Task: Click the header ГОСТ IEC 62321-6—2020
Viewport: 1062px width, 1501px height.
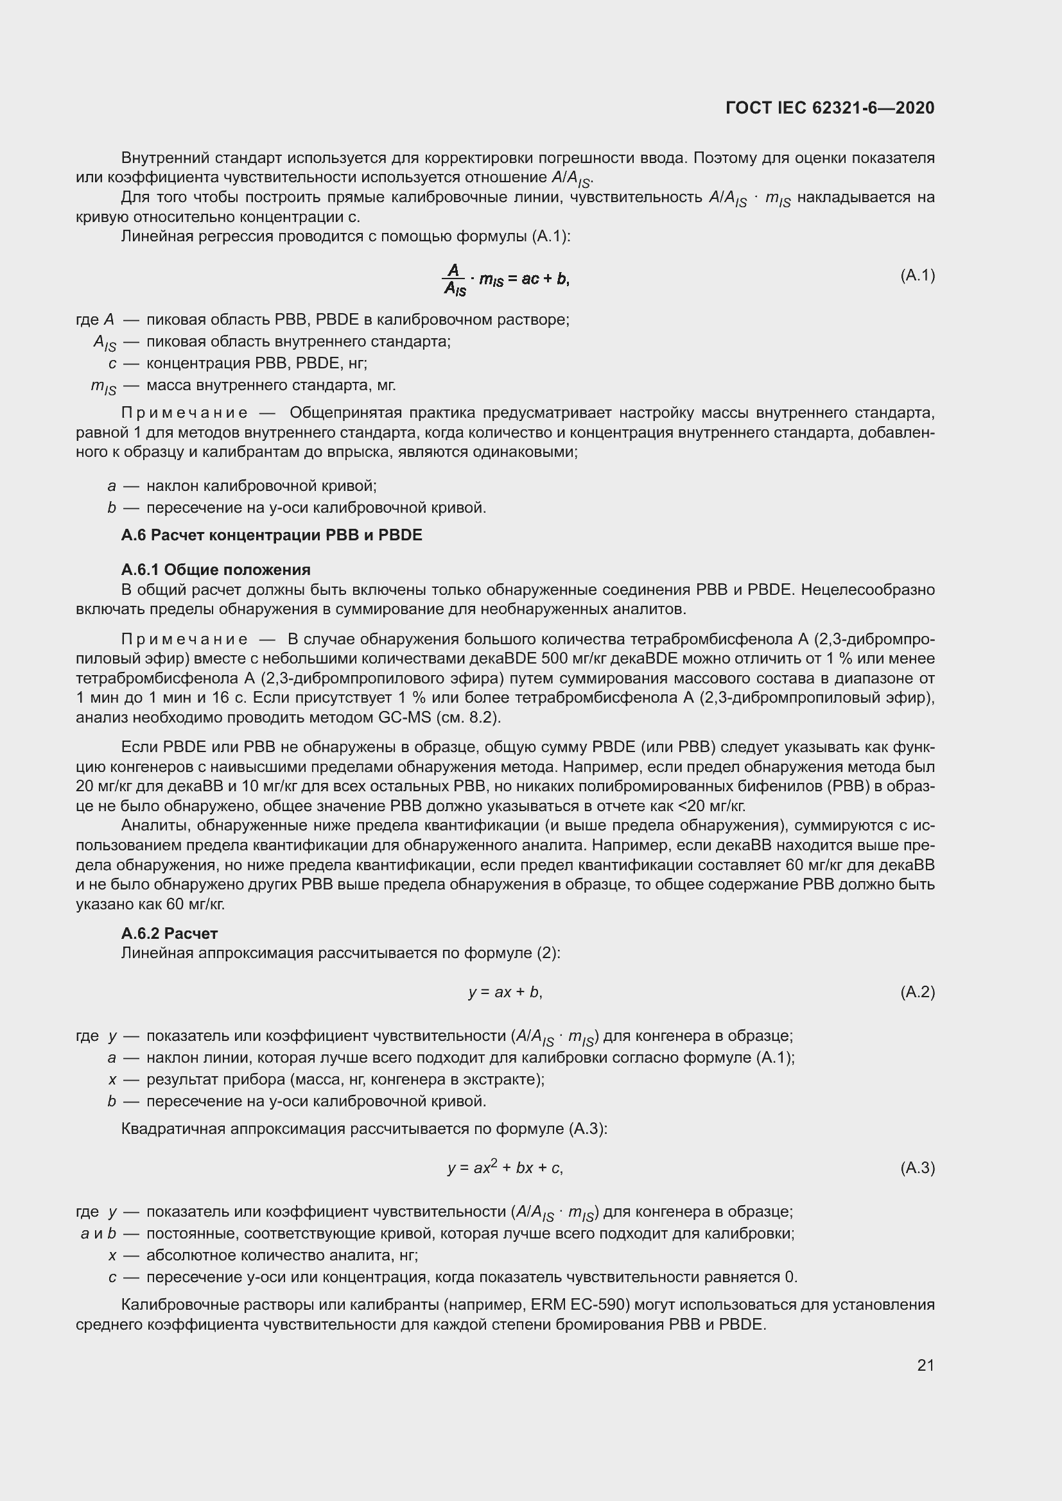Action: [829, 108]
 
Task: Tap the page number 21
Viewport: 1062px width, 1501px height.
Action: [925, 1365]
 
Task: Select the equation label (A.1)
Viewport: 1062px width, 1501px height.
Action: [918, 275]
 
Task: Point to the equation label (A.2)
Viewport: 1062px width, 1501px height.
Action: [918, 992]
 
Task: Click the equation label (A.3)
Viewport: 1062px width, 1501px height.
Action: [918, 1167]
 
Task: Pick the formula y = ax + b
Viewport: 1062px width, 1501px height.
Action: [505, 992]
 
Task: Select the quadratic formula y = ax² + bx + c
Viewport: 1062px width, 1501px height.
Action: [505, 1167]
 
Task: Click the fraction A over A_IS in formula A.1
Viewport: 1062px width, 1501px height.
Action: [454, 280]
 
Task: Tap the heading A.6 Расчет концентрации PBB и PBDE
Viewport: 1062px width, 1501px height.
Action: [272, 535]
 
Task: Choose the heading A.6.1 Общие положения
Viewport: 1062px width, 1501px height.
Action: [216, 569]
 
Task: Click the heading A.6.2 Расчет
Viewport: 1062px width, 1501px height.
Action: [170, 933]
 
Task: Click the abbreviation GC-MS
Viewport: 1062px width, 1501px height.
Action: [405, 717]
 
